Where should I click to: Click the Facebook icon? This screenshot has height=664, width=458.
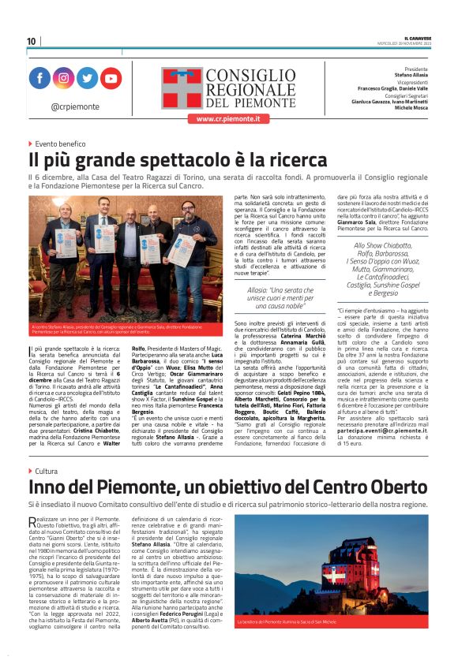tap(39, 79)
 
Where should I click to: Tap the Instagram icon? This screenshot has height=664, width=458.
tap(63, 79)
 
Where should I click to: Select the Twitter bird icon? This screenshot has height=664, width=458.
tap(87, 79)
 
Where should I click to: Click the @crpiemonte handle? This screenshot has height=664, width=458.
tap(75, 106)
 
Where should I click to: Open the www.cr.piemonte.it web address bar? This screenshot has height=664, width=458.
tap(228, 118)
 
